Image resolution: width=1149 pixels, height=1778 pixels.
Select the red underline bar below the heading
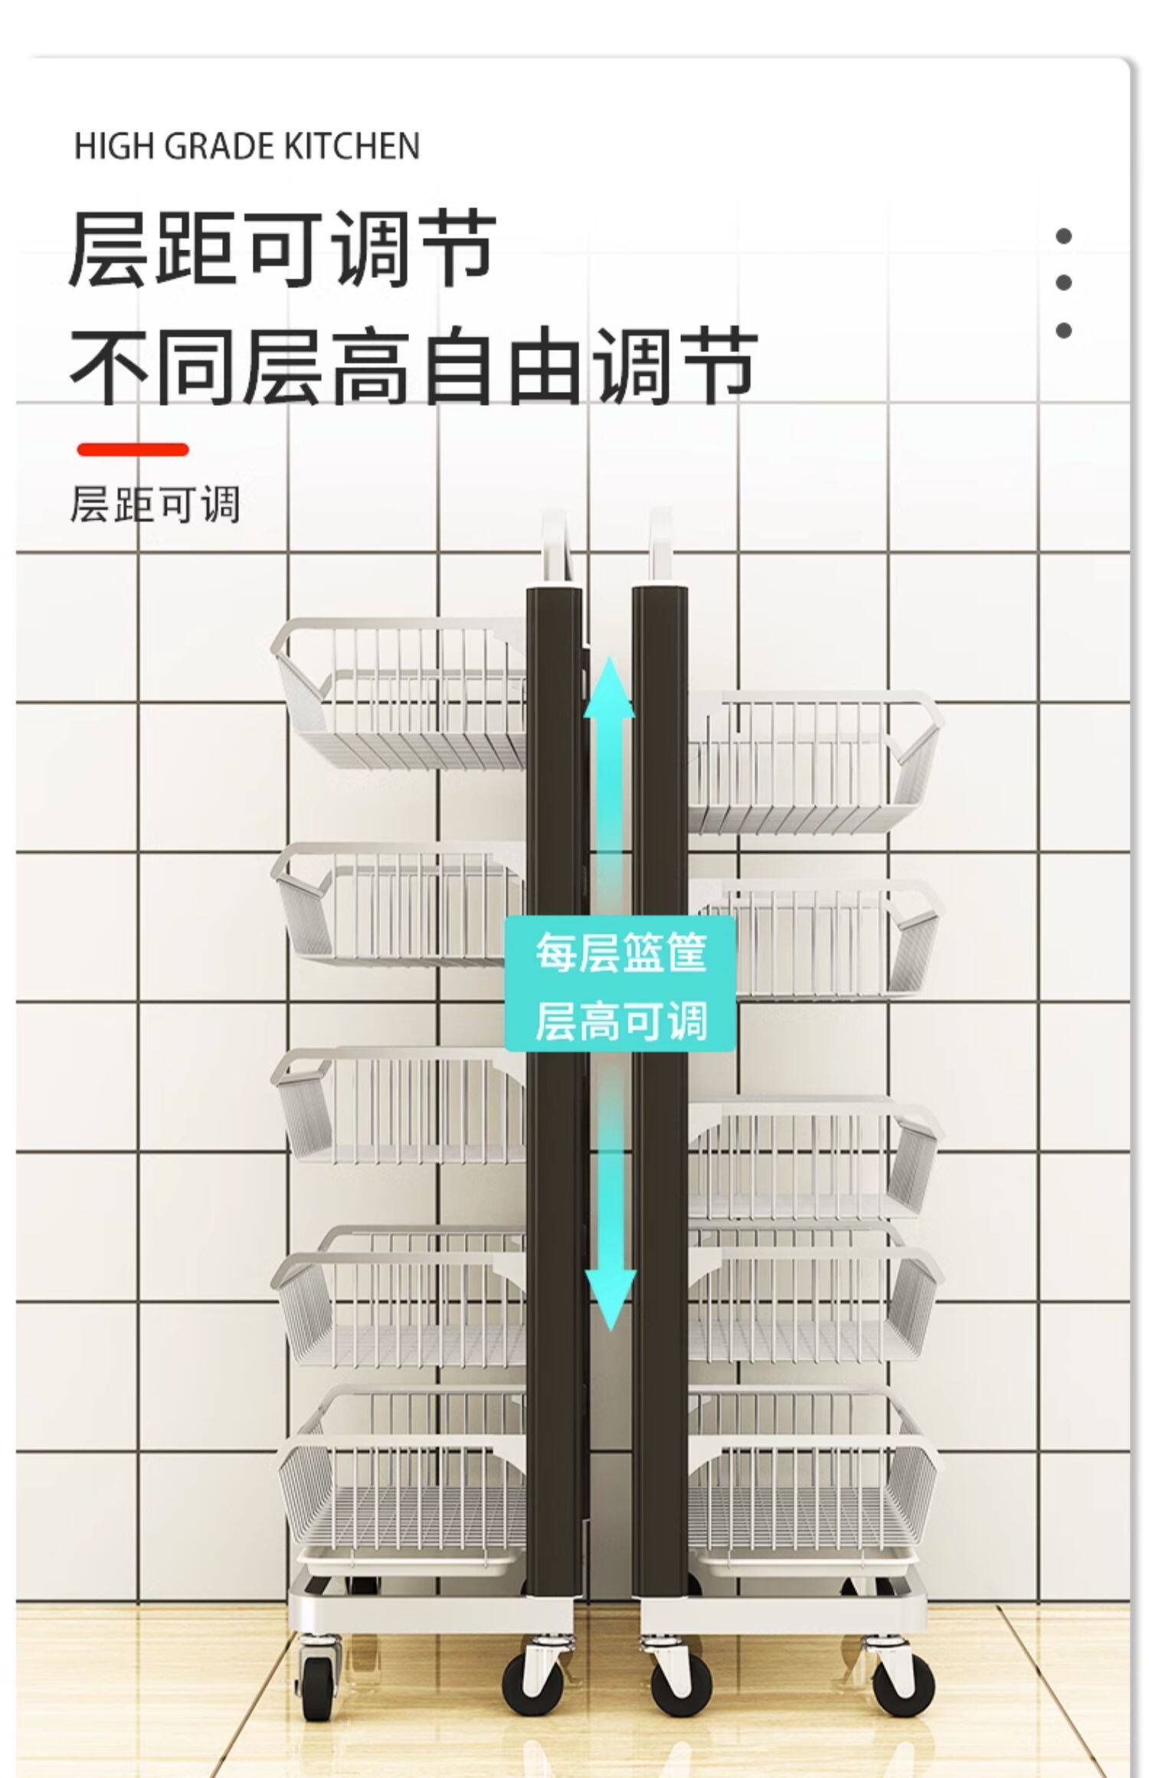pyautogui.click(x=133, y=449)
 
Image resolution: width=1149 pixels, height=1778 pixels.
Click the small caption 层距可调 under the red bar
pyautogui.click(x=155, y=505)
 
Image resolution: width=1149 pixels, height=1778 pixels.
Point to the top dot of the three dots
pyautogui.click(x=1063, y=236)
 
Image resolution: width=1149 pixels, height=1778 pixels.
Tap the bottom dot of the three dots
pyautogui.click(x=1063, y=330)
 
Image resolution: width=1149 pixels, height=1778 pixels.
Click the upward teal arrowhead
pyautogui.click(x=610, y=689)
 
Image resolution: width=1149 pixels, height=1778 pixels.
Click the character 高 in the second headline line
pyautogui.click(x=374, y=366)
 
